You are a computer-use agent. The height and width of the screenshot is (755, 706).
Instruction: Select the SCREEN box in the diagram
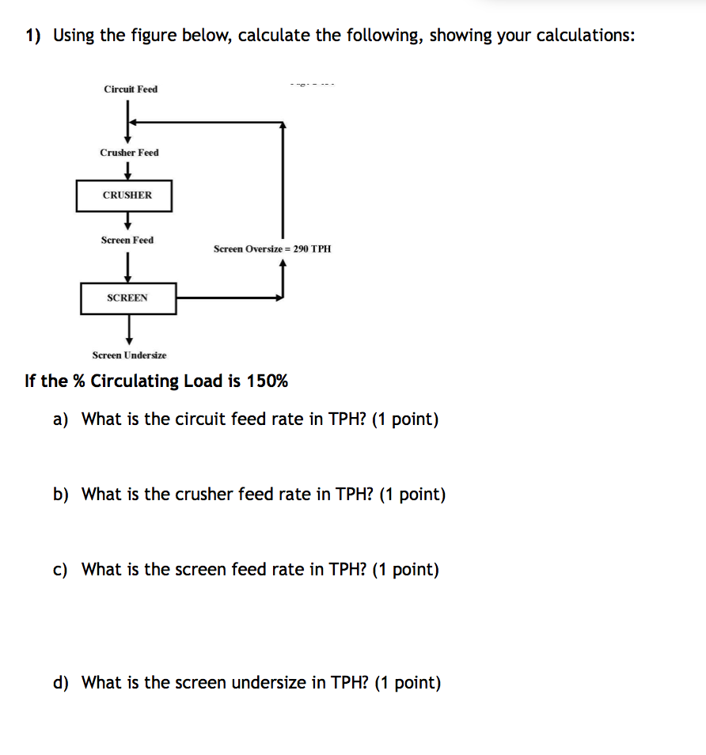[128, 298]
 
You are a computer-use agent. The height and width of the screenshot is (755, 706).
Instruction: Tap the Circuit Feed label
[131, 89]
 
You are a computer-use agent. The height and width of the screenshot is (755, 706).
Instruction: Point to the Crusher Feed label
[129, 152]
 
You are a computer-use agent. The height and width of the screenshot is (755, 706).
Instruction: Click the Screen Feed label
[127, 240]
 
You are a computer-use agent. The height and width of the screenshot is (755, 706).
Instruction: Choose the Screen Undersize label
[129, 355]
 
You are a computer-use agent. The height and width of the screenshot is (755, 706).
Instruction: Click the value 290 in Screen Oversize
[301, 249]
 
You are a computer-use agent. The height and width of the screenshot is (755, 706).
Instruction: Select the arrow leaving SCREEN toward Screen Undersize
[128, 329]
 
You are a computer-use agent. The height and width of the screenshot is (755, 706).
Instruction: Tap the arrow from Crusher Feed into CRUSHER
[127, 170]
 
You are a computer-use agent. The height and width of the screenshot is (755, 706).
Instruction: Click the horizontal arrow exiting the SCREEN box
[229, 298]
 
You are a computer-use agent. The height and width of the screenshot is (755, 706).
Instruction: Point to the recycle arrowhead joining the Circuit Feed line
[134, 122]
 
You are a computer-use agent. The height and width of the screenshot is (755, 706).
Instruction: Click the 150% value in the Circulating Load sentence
[268, 381]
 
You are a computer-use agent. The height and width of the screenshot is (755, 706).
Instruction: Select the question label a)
[60, 419]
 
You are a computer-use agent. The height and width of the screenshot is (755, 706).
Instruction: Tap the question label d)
[60, 683]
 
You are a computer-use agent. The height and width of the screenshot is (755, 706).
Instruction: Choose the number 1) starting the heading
[33, 36]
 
